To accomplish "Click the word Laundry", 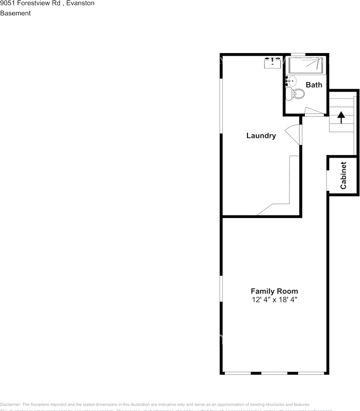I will pyautogui.click(x=261, y=136).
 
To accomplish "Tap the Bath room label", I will pyautogui.click(x=314, y=85).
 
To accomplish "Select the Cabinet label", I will pyautogui.click(x=343, y=175).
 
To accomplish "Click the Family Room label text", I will pyautogui.click(x=274, y=291).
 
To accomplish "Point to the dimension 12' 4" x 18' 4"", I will pyautogui.click(x=274, y=300).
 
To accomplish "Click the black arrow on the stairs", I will pyautogui.click(x=341, y=117).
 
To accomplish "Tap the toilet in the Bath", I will pyautogui.click(x=296, y=94).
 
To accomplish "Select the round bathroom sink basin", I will pyautogui.click(x=292, y=80).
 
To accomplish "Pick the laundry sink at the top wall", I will pyautogui.click(x=272, y=63).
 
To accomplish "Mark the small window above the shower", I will pyautogui.click(x=298, y=54).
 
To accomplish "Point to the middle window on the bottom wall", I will pyautogui.click(x=274, y=373).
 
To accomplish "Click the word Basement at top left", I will pyautogui.click(x=15, y=13).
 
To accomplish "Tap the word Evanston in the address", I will pyautogui.click(x=80, y=3).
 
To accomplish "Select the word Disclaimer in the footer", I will pyautogui.click(x=10, y=405).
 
